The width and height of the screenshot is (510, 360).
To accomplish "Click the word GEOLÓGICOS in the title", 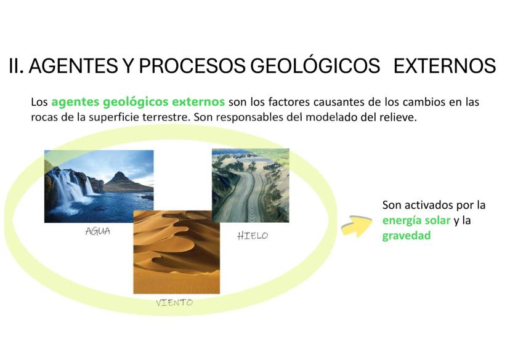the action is point(315,66).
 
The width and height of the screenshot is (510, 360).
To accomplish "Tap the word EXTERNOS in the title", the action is point(445,66).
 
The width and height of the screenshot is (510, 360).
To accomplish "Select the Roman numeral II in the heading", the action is point(16,66).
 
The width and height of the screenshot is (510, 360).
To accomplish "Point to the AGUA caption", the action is point(97,231).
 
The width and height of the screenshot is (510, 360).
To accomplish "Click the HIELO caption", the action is point(253,236).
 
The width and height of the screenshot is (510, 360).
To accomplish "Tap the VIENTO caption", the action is point(174,303).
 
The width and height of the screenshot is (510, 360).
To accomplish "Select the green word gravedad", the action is point(407,235).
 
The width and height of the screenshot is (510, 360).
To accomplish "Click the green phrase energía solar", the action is point(416,220).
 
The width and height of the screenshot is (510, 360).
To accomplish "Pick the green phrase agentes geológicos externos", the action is point(138,102).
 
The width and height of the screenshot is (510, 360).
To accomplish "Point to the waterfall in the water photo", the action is point(70,187).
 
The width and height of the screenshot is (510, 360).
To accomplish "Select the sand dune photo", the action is point(177,252).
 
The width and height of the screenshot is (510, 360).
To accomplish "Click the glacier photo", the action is point(251,185).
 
